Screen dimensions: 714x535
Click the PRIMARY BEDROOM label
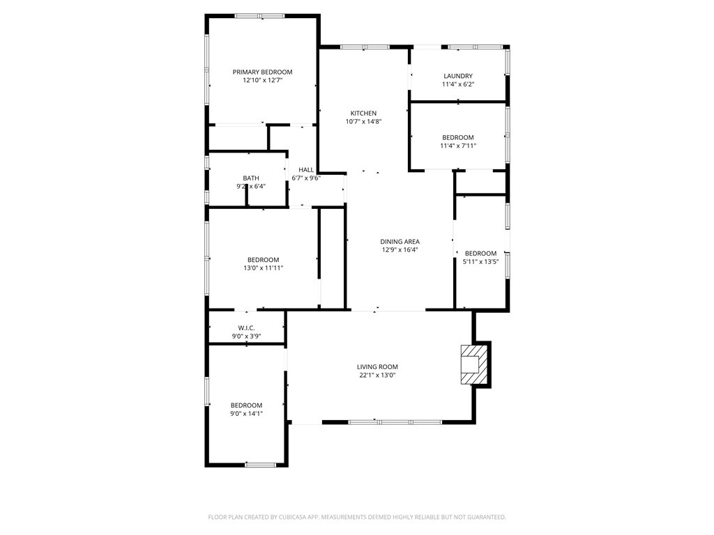point(262,72)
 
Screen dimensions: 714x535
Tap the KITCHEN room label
point(363,114)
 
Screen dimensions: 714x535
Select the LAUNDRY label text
point(458,76)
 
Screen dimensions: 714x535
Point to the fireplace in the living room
point(474,364)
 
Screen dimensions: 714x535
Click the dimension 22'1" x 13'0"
point(377,375)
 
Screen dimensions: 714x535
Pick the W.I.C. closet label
point(246,328)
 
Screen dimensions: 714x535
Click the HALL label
point(306,170)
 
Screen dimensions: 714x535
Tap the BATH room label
point(251,178)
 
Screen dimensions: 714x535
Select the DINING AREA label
point(400,242)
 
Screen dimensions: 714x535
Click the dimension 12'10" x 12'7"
point(263,80)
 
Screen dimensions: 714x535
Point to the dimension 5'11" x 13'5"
point(481,262)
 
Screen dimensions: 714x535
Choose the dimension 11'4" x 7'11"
point(458,146)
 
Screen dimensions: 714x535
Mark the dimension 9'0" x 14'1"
point(246,414)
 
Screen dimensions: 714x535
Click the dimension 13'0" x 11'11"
point(263,268)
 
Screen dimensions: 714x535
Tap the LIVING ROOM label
point(377,366)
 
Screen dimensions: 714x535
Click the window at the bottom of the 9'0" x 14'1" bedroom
point(261,465)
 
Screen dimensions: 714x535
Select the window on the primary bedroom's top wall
point(260,17)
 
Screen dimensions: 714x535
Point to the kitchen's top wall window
point(365,47)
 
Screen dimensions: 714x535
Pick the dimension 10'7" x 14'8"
point(363,121)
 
